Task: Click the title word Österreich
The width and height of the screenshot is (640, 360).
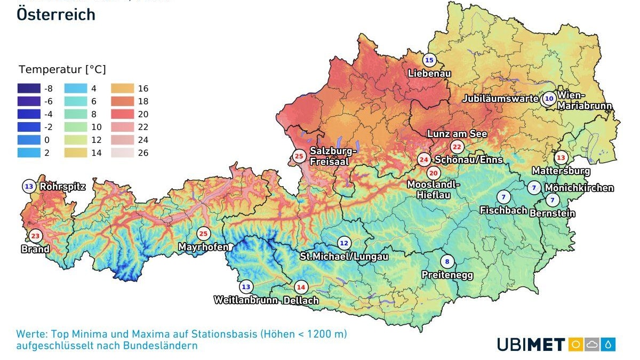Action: [x=56, y=14]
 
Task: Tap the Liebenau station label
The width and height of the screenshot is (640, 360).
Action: [x=429, y=73]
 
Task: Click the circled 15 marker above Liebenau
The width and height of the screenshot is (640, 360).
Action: [x=429, y=60]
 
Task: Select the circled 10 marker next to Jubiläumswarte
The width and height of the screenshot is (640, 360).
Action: [x=549, y=99]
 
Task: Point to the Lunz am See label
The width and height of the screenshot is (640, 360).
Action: [x=457, y=134]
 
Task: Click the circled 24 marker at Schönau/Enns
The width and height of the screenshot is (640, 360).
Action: [x=424, y=159]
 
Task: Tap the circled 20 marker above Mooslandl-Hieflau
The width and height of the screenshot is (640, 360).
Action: [x=433, y=173]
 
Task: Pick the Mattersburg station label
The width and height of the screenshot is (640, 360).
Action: [x=561, y=171]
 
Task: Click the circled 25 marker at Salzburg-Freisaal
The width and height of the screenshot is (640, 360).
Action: [x=299, y=157]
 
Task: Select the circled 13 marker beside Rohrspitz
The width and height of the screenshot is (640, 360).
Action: [x=29, y=187]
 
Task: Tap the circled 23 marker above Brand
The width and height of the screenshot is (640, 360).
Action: [x=35, y=236]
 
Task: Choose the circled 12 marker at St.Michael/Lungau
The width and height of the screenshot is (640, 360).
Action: [x=344, y=243]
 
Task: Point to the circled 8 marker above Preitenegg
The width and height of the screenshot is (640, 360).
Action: [x=447, y=262]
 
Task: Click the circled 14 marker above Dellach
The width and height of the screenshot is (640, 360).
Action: [x=301, y=287]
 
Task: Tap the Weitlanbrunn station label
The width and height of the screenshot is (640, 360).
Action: [x=245, y=300]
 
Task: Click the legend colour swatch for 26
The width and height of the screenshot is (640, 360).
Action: [x=123, y=153]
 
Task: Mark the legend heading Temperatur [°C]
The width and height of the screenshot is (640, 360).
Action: [x=62, y=70]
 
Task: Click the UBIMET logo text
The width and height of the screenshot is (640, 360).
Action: [x=530, y=345]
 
